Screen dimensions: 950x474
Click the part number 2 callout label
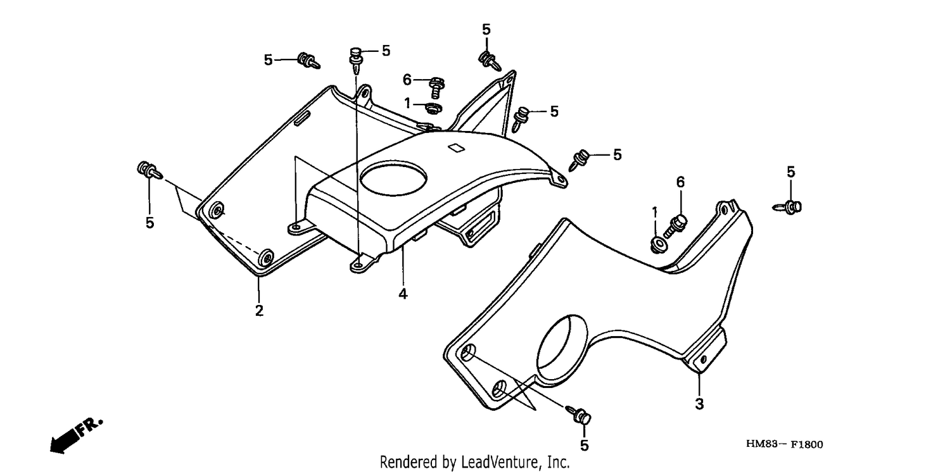[x=259, y=311]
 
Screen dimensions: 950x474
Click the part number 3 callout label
[x=699, y=404]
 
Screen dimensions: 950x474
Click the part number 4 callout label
[x=403, y=294]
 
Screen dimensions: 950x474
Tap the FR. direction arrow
[x=76, y=435]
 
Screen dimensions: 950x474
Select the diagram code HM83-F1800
[x=785, y=444]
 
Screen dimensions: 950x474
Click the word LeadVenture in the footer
[x=501, y=462]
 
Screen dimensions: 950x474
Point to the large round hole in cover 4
[x=393, y=178]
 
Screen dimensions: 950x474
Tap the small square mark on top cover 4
[x=455, y=148]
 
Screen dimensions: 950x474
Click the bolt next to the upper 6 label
[x=436, y=88]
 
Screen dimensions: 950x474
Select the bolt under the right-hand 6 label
[x=675, y=226]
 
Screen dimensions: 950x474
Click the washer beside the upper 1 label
[x=433, y=108]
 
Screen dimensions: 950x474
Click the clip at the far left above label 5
[x=148, y=170]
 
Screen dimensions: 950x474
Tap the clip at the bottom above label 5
[x=579, y=415]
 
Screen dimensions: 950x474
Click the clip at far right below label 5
[x=788, y=207]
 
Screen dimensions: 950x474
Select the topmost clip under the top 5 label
[x=489, y=60]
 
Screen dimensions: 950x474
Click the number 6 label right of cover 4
[x=680, y=182]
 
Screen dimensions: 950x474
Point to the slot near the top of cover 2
[x=303, y=119]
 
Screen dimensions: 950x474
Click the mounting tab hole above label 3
[x=703, y=360]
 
